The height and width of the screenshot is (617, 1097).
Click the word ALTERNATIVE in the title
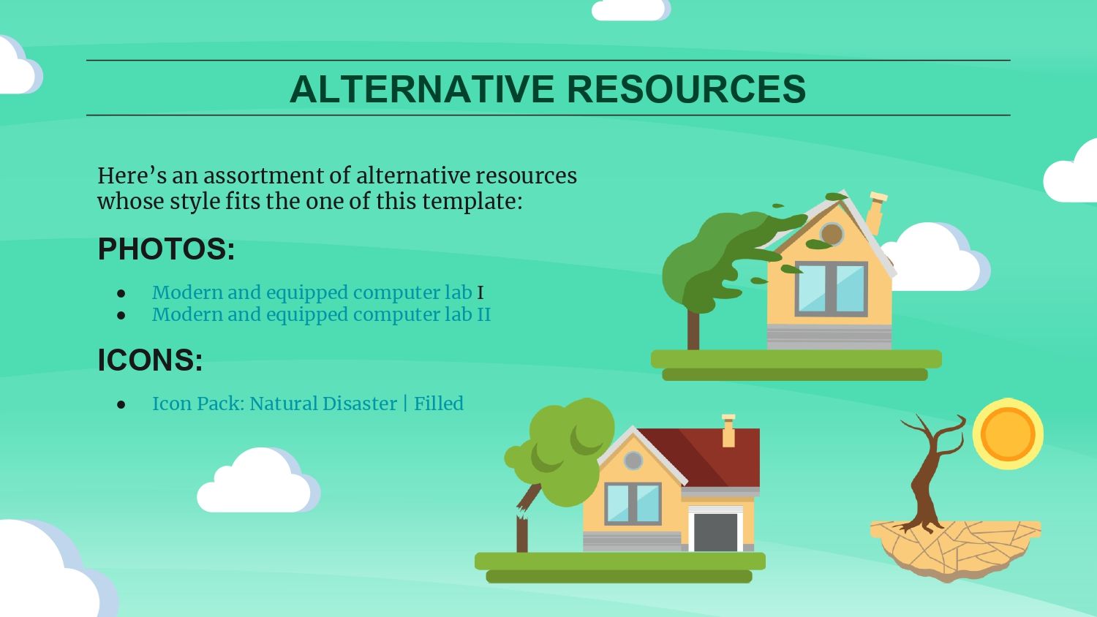click(422, 89)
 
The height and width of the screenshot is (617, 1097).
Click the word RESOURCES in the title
click(687, 89)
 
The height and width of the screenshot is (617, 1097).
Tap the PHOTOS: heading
click(167, 249)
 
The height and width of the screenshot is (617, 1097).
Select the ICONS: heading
click(151, 360)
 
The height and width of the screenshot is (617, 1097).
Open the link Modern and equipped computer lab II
click(321, 314)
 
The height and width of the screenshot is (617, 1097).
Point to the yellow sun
click(1008, 434)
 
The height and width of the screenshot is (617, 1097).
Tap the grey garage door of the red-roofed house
click(715, 532)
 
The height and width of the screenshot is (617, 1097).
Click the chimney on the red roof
click(728, 431)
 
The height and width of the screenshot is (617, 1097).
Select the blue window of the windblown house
click(831, 289)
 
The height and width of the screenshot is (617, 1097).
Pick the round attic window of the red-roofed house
click(633, 461)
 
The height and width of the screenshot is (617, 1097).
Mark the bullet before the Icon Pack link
click(121, 404)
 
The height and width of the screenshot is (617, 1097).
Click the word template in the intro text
click(472, 201)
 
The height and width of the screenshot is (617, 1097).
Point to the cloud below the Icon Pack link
click(259, 480)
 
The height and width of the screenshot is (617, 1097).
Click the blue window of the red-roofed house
click(633, 504)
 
